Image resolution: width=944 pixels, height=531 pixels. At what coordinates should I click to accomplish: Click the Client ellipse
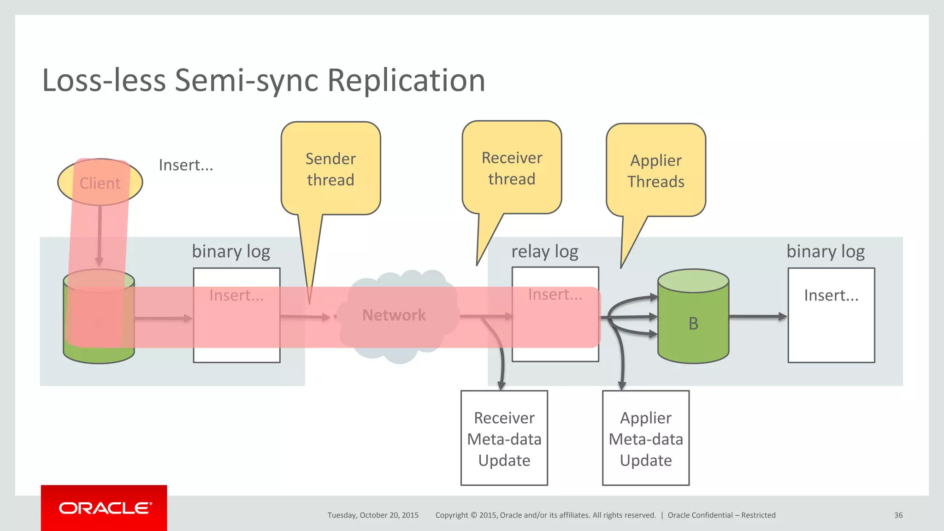tap(100, 183)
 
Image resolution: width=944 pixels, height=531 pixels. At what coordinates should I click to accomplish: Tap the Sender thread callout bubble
tap(330, 169)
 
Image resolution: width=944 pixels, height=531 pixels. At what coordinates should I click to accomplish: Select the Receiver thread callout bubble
tap(512, 168)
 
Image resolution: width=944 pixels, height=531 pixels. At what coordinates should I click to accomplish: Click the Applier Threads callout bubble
tap(655, 171)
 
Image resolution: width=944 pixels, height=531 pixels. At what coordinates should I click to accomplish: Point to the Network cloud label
tap(394, 315)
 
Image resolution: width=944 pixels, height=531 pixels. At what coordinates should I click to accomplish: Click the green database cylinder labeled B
tap(693, 323)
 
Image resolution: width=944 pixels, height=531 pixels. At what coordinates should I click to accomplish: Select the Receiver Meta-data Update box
tap(504, 438)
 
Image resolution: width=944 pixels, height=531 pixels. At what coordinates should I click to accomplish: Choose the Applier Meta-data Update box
tap(645, 438)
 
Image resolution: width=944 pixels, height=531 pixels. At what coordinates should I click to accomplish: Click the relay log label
tap(545, 252)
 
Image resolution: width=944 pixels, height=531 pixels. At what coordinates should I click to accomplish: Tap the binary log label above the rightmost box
tap(825, 252)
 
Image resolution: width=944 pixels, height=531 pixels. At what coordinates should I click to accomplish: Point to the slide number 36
tap(898, 515)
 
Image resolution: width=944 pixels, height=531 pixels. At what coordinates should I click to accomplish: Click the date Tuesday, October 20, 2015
tap(373, 515)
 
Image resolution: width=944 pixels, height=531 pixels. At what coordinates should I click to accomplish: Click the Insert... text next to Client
tap(186, 165)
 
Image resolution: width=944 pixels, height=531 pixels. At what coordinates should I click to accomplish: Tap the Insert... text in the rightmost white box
tap(831, 295)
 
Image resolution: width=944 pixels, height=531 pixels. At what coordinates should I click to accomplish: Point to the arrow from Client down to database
tap(100, 235)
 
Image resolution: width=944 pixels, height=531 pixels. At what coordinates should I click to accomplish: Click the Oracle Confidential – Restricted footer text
tap(721, 515)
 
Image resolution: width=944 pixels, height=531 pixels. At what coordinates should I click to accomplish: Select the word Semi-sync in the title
tap(247, 81)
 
